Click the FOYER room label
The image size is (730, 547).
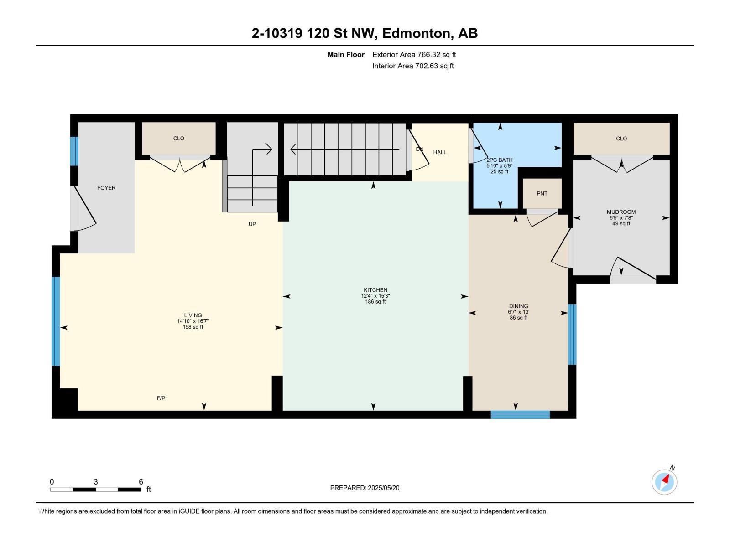point(106,188)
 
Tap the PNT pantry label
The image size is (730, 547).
point(542,194)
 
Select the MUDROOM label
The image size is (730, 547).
point(621,212)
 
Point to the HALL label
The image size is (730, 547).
point(440,152)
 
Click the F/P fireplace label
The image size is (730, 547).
point(161,398)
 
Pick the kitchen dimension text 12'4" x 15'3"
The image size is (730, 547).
point(375,296)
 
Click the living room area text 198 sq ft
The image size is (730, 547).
point(193,327)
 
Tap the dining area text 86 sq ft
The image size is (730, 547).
point(518,318)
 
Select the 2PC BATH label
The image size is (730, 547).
point(500,160)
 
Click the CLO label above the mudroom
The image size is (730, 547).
point(621,139)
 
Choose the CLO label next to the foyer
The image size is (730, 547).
point(178,139)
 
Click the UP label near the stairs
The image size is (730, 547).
point(252,224)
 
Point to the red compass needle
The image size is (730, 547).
point(666,480)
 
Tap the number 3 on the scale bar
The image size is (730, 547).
point(96,482)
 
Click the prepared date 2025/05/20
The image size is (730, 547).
point(383,488)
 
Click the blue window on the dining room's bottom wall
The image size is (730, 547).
point(520,414)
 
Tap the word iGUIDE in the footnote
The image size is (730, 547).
point(188,511)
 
